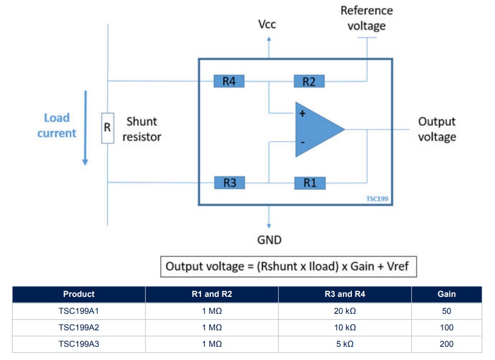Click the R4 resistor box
[229, 81]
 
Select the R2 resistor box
[309, 81]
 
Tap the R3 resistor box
[229, 182]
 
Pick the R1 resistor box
[309, 183]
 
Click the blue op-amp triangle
[316, 129]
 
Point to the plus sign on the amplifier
[302, 114]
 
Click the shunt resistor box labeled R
[107, 127]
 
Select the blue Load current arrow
[85, 127]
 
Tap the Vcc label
[267, 24]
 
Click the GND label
[269, 240]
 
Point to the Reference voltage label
[366, 18]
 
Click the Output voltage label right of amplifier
[437, 129]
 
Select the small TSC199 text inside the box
[377, 199]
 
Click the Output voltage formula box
[288, 267]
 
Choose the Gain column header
[446, 294]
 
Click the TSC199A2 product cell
[79, 327]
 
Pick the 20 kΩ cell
[345, 311]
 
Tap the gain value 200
[446, 344]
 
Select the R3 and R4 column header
[345, 294]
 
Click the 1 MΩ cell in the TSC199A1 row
[212, 311]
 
